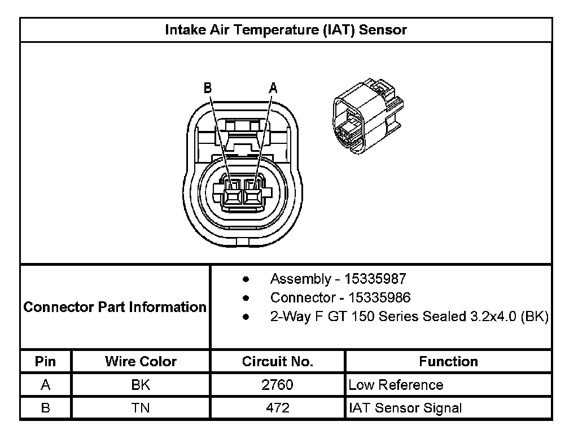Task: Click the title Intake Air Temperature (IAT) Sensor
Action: pyautogui.click(x=286, y=30)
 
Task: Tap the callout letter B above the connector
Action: pyautogui.click(x=208, y=88)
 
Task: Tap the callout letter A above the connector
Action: pyautogui.click(x=273, y=88)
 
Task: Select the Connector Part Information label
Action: pyautogui.click(x=115, y=307)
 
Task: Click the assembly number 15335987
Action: pyautogui.click(x=375, y=279)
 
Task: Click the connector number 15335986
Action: pyautogui.click(x=379, y=298)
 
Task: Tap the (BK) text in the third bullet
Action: pyautogui.click(x=535, y=317)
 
